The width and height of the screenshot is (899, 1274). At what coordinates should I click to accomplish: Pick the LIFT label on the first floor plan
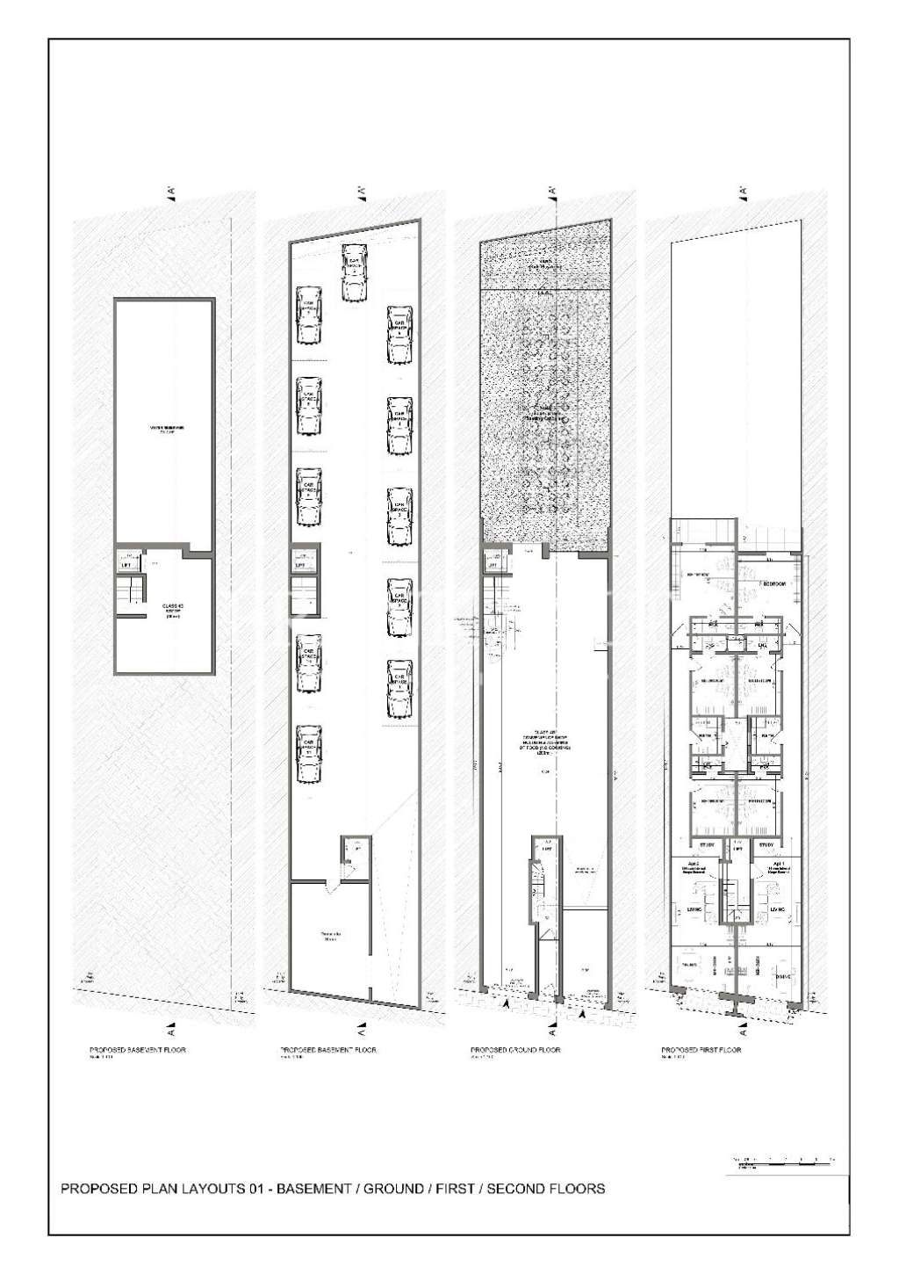coord(738,849)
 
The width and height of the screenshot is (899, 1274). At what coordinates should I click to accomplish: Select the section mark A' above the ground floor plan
coord(553,191)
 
